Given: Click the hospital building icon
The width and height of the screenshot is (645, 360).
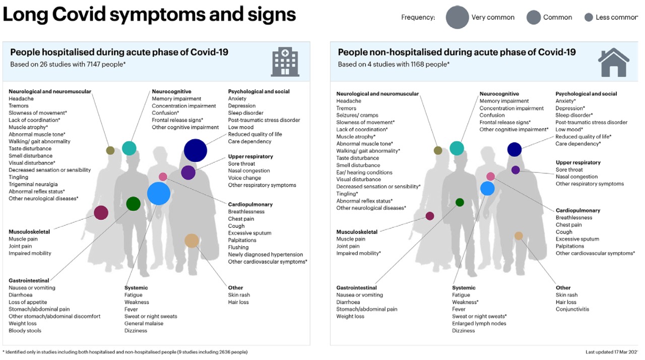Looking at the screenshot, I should (x=285, y=62).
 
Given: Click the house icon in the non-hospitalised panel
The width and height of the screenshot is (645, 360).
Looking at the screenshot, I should (x=613, y=62).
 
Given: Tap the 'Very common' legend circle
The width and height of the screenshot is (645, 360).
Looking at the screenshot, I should (x=457, y=18).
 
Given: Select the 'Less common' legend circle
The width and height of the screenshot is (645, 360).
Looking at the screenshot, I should (x=588, y=18).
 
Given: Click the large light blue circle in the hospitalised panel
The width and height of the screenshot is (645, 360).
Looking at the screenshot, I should (x=159, y=194).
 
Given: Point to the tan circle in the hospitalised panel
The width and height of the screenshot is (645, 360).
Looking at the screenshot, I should (x=191, y=241).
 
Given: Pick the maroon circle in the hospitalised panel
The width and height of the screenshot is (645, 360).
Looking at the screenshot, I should (x=101, y=213).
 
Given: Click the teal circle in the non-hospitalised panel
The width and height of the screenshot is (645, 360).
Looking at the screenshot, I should (x=457, y=148).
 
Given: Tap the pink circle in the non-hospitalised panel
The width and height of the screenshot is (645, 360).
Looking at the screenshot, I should (x=490, y=176).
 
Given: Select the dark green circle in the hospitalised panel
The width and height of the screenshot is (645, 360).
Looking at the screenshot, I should (x=133, y=204).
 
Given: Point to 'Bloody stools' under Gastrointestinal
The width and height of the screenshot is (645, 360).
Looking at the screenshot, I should (x=25, y=331).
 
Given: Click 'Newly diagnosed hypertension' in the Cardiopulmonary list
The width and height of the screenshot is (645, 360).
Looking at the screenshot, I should (x=266, y=255).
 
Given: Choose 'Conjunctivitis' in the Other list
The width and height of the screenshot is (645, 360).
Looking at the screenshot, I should (x=572, y=309).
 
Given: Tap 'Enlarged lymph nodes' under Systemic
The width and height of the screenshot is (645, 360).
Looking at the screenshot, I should (x=479, y=324).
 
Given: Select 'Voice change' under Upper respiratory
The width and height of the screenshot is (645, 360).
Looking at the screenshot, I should (x=244, y=178).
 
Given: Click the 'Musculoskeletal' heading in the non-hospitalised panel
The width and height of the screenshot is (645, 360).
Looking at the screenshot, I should (x=357, y=232).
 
